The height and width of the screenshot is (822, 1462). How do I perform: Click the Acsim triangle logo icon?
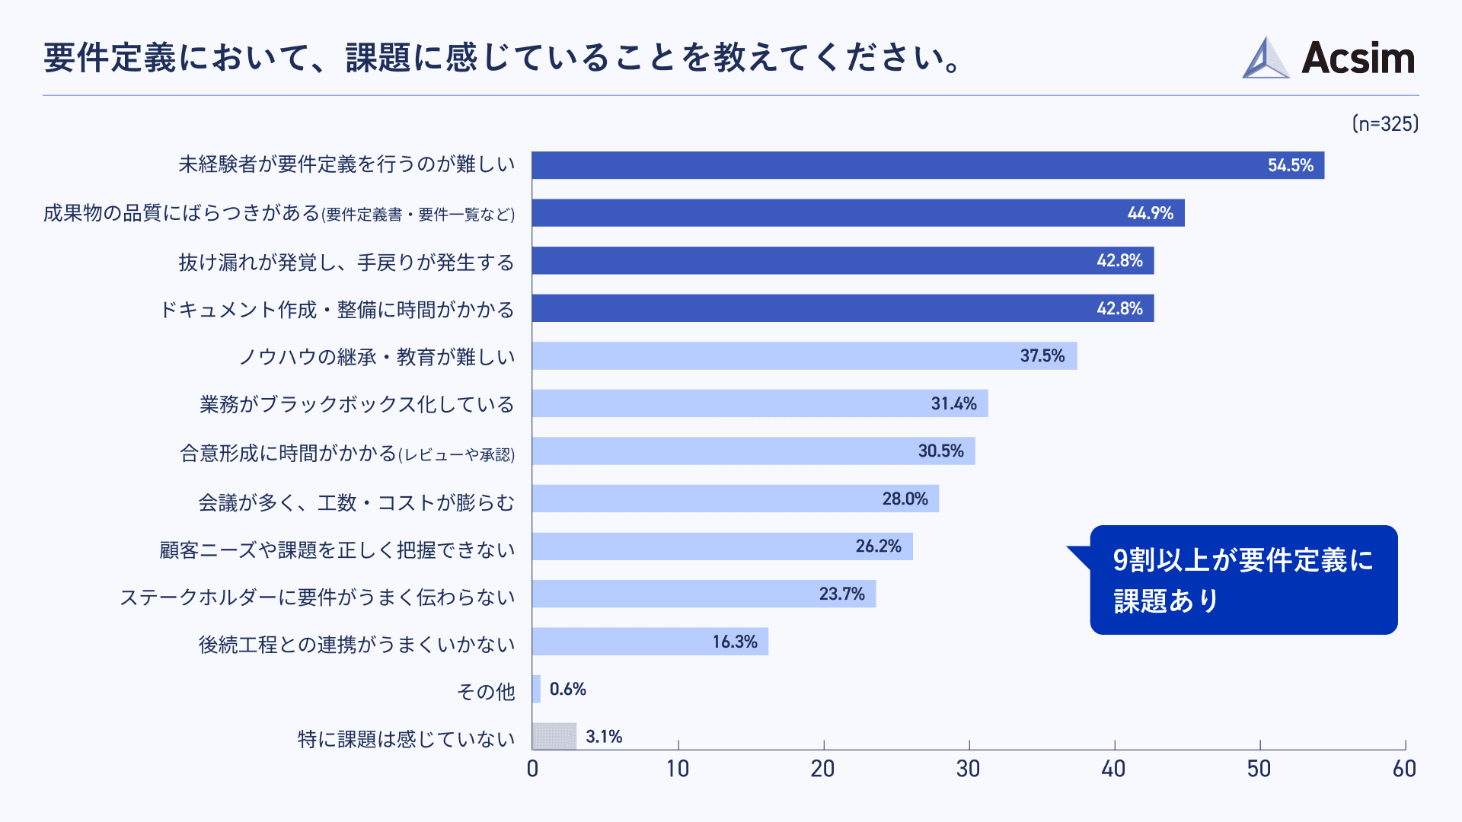point(1266,59)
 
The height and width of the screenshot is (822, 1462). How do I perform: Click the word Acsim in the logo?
point(1358,59)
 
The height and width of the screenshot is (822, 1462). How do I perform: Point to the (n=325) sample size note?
point(1385,124)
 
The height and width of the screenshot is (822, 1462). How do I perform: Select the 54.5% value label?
point(1290,166)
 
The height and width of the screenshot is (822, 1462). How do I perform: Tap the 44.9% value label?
point(1150,213)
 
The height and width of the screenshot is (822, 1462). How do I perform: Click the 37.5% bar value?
point(1042,356)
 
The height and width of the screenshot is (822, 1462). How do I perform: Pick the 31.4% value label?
point(953,404)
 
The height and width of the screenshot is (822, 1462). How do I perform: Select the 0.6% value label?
point(567,690)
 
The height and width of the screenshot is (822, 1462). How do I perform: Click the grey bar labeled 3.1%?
point(554,736)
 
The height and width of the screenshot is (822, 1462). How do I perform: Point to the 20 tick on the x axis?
point(822,769)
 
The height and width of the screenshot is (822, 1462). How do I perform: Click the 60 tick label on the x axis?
point(1404,769)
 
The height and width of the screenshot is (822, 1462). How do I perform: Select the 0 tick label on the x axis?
point(532,769)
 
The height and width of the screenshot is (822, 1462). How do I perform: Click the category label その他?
point(486,692)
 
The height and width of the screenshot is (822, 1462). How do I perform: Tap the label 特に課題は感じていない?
point(406,739)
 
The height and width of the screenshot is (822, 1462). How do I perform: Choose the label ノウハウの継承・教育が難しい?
point(377,357)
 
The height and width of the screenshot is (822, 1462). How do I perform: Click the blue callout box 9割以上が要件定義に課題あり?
point(1243,580)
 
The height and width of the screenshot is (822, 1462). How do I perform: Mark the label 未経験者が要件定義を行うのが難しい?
point(346,164)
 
